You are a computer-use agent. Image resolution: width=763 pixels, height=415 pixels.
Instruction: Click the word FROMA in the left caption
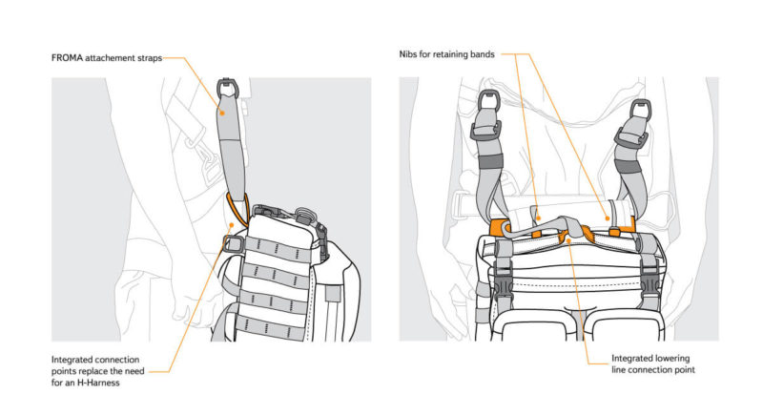pyautogui.click(x=71, y=57)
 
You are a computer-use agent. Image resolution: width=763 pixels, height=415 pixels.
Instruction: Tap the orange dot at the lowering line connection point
pyautogui.click(x=570, y=242)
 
